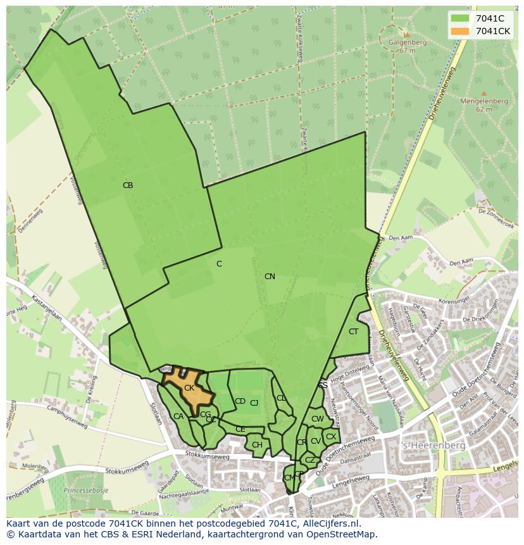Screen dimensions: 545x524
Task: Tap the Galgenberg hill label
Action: [x=408, y=43]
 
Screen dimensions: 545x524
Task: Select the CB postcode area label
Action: [x=128, y=185]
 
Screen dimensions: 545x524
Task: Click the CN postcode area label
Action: [x=270, y=277]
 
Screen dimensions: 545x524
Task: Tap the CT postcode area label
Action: [x=353, y=332]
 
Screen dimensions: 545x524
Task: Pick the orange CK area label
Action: [x=189, y=388]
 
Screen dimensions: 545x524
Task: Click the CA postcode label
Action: [x=178, y=417]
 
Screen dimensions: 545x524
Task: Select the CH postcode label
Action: [x=257, y=445]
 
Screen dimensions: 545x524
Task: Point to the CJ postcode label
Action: [x=254, y=403]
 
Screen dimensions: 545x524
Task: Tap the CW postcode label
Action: [x=318, y=419]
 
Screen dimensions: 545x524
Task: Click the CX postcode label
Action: [x=331, y=436]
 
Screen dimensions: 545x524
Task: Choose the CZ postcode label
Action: [x=309, y=460]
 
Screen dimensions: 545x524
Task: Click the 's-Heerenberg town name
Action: [x=434, y=446]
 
